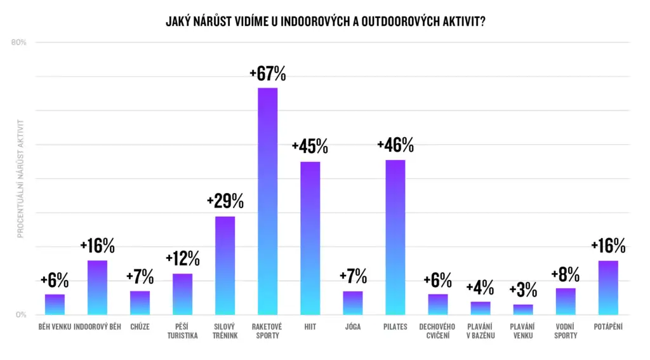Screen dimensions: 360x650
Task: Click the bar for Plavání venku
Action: coord(523,310)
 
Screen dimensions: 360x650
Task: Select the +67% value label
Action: coord(267,74)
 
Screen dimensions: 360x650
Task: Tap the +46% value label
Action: coord(395,146)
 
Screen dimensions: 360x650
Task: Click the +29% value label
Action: coord(225,202)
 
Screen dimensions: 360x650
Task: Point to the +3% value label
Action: coord(523,291)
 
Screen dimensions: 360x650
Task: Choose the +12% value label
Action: coord(182,259)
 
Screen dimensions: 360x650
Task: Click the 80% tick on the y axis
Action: coord(18,43)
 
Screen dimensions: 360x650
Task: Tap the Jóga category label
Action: coord(353,327)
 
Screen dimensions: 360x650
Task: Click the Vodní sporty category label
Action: coord(566,331)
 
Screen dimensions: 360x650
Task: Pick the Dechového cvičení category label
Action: coord(437,331)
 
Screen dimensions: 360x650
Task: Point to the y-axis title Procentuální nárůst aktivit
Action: coord(20,178)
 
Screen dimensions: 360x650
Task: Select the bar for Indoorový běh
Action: coord(97,288)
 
